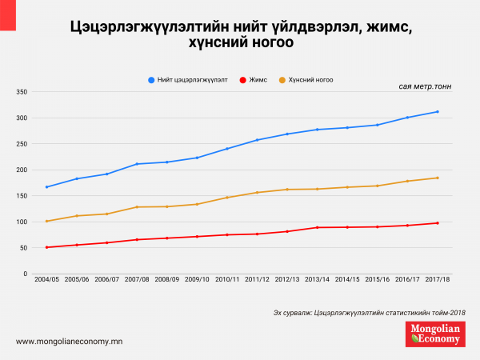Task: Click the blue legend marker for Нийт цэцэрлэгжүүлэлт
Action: pyautogui.click(x=152, y=80)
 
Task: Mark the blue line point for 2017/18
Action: pyautogui.click(x=437, y=112)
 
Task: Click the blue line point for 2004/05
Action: pyautogui.click(x=47, y=187)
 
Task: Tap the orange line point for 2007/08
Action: pyautogui.click(x=137, y=207)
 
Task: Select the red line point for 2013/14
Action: pyautogui.click(x=317, y=228)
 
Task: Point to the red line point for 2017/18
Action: pyautogui.click(x=437, y=223)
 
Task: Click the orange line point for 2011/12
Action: pyautogui.click(x=257, y=193)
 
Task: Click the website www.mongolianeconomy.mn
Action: pyautogui.click(x=69, y=342)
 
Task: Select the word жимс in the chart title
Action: pyautogui.click(x=390, y=28)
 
